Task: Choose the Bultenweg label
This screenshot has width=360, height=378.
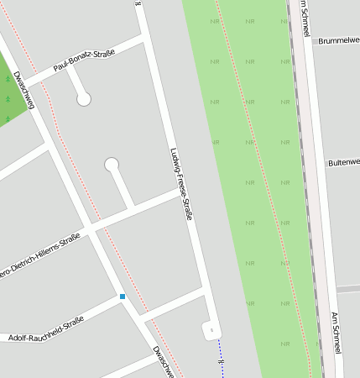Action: (343, 162)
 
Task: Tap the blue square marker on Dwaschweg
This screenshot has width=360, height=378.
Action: (123, 297)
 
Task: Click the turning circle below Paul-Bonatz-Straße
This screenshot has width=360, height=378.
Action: (83, 99)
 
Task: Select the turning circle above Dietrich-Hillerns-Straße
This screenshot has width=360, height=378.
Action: (112, 164)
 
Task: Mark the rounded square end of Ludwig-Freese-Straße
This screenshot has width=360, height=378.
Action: (211, 329)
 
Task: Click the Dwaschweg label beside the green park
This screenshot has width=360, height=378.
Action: (24, 90)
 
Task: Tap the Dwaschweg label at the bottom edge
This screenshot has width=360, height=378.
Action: (163, 360)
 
